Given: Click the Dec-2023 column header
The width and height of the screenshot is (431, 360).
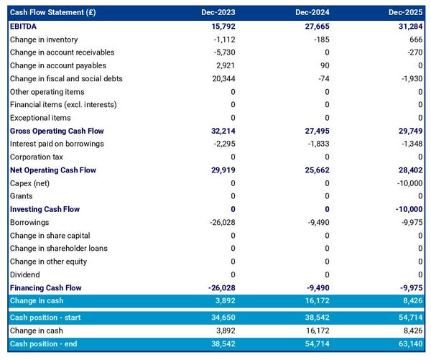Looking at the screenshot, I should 219,13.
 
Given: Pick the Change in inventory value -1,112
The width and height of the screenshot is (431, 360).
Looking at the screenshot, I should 221,40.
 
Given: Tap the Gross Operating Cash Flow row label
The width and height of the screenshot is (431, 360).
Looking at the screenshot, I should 57,131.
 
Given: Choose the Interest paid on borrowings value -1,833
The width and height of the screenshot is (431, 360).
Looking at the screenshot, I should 316,144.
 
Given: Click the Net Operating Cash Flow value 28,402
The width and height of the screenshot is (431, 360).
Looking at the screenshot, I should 407,170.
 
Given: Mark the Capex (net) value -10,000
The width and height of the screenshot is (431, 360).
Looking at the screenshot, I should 406,183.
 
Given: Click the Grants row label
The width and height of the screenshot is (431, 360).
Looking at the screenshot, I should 22,196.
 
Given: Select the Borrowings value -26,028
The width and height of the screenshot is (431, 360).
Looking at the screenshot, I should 218,223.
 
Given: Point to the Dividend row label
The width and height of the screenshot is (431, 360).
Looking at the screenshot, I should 25,274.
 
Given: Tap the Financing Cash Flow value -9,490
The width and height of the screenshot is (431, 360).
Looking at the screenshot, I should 316,287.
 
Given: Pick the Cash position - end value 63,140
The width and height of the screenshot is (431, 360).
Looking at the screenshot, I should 407,344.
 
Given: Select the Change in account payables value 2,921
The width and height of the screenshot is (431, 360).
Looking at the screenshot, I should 222,66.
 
